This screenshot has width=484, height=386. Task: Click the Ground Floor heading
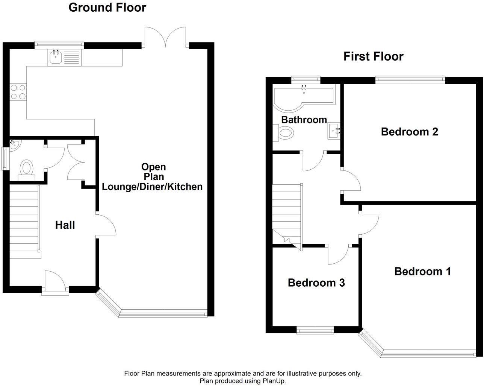[107, 7]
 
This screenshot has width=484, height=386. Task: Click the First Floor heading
[373, 56]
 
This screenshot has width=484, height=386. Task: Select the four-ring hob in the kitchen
[18, 92]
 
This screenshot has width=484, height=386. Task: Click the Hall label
[65, 225]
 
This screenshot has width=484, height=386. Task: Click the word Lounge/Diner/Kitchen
[152, 186]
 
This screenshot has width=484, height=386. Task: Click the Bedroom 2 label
[409, 132]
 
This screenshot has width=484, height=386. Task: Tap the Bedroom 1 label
[422, 271]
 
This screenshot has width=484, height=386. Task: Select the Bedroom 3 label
[316, 283]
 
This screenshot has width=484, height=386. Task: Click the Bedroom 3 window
[315, 330]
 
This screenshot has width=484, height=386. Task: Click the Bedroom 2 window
[410, 79]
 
